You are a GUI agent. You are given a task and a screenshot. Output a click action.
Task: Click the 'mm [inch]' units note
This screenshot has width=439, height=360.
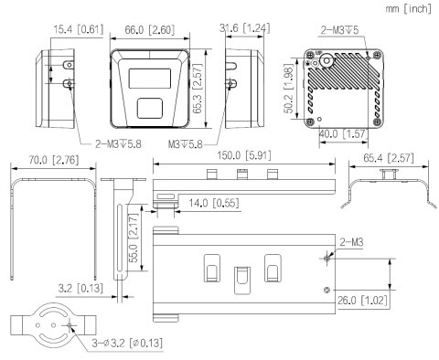(408, 8)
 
